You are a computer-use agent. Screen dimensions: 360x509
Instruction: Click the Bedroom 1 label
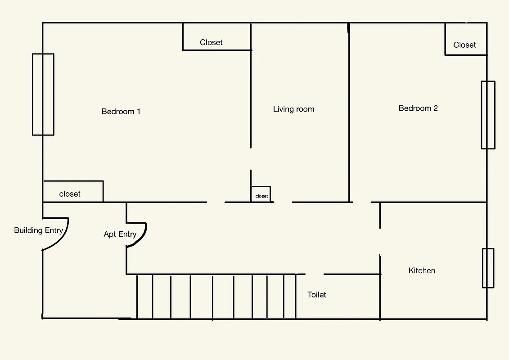(121, 112)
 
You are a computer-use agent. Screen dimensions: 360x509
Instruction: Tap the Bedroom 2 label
(418, 108)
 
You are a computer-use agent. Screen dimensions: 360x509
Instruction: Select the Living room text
(293, 109)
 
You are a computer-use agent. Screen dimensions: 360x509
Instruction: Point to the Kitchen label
(422, 270)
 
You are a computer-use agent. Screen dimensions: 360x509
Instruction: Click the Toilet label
(317, 295)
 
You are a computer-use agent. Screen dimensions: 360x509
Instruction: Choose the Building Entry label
(38, 230)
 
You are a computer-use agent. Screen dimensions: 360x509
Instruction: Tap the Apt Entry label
(120, 234)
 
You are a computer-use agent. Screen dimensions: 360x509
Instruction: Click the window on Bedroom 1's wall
(43, 94)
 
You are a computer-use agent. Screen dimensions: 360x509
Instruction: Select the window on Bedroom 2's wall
(488, 115)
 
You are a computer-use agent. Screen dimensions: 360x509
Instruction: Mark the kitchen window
(488, 268)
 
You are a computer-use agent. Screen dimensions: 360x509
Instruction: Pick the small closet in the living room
(261, 194)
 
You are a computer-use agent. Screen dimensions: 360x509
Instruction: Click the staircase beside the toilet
(216, 297)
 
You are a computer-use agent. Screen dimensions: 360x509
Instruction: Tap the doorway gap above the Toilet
(315, 274)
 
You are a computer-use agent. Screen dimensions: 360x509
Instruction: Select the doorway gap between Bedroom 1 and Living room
(251, 159)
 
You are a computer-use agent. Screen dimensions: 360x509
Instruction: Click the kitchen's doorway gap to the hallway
(380, 242)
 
